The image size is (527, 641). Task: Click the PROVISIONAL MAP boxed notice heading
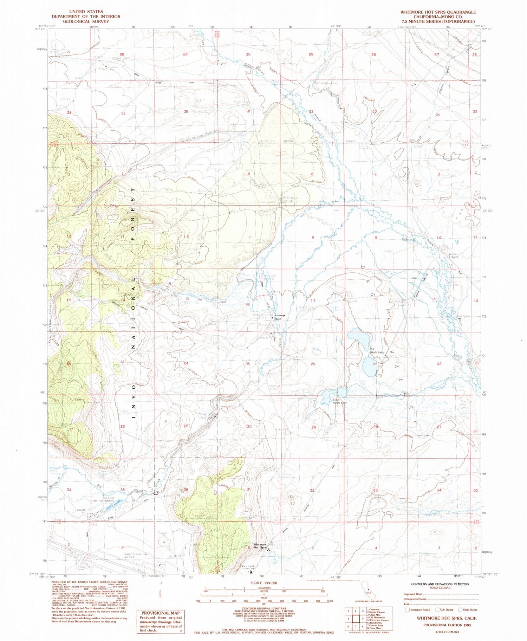click(160, 613)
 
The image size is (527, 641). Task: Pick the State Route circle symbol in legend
click(460, 610)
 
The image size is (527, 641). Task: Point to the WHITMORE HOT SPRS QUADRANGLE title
click(438, 12)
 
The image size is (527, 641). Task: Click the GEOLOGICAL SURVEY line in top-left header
click(86, 21)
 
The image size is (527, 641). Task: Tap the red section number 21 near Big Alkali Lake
click(375, 364)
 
